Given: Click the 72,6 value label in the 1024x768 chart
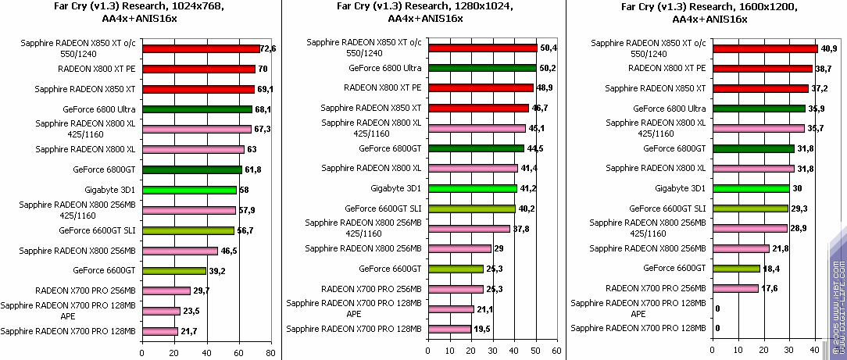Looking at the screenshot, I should point(267,48).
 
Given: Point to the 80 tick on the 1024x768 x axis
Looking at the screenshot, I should point(270,353).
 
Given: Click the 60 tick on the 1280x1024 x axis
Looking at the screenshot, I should point(556,351).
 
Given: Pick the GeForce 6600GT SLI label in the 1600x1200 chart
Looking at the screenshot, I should point(669,209).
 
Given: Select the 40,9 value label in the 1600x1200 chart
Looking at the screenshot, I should point(827,48).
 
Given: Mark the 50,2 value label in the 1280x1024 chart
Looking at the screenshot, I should point(547,68).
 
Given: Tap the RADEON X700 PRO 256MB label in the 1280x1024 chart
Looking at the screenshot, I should point(372,289).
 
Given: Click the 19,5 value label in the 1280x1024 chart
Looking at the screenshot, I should point(481,330).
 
